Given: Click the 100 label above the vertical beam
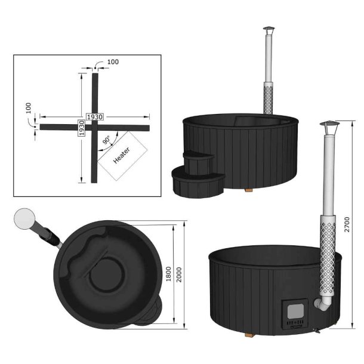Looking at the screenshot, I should pyautogui.click(x=114, y=62).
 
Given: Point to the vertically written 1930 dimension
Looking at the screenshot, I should pyautogui.click(x=81, y=127).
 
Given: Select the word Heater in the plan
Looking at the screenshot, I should pyautogui.click(x=121, y=157).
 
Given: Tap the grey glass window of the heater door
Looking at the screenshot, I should pyautogui.click(x=295, y=310).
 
